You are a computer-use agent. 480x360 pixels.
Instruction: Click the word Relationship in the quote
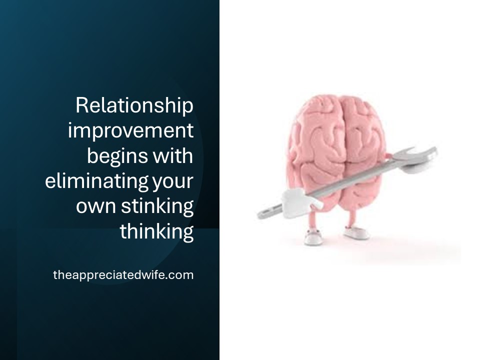click(x=134, y=105)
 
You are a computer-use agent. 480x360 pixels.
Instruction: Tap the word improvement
click(x=130, y=130)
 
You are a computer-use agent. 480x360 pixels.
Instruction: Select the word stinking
click(x=157, y=206)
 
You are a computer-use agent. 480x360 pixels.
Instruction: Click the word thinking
click(x=156, y=231)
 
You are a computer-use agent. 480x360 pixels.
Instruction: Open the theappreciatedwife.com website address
click(x=123, y=274)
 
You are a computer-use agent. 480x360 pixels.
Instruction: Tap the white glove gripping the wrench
click(x=300, y=202)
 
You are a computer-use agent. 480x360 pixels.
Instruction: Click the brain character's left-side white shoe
click(x=313, y=238)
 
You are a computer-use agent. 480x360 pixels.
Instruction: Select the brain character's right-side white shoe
click(x=356, y=232)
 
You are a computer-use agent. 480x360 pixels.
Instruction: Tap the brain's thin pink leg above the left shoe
click(x=312, y=220)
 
